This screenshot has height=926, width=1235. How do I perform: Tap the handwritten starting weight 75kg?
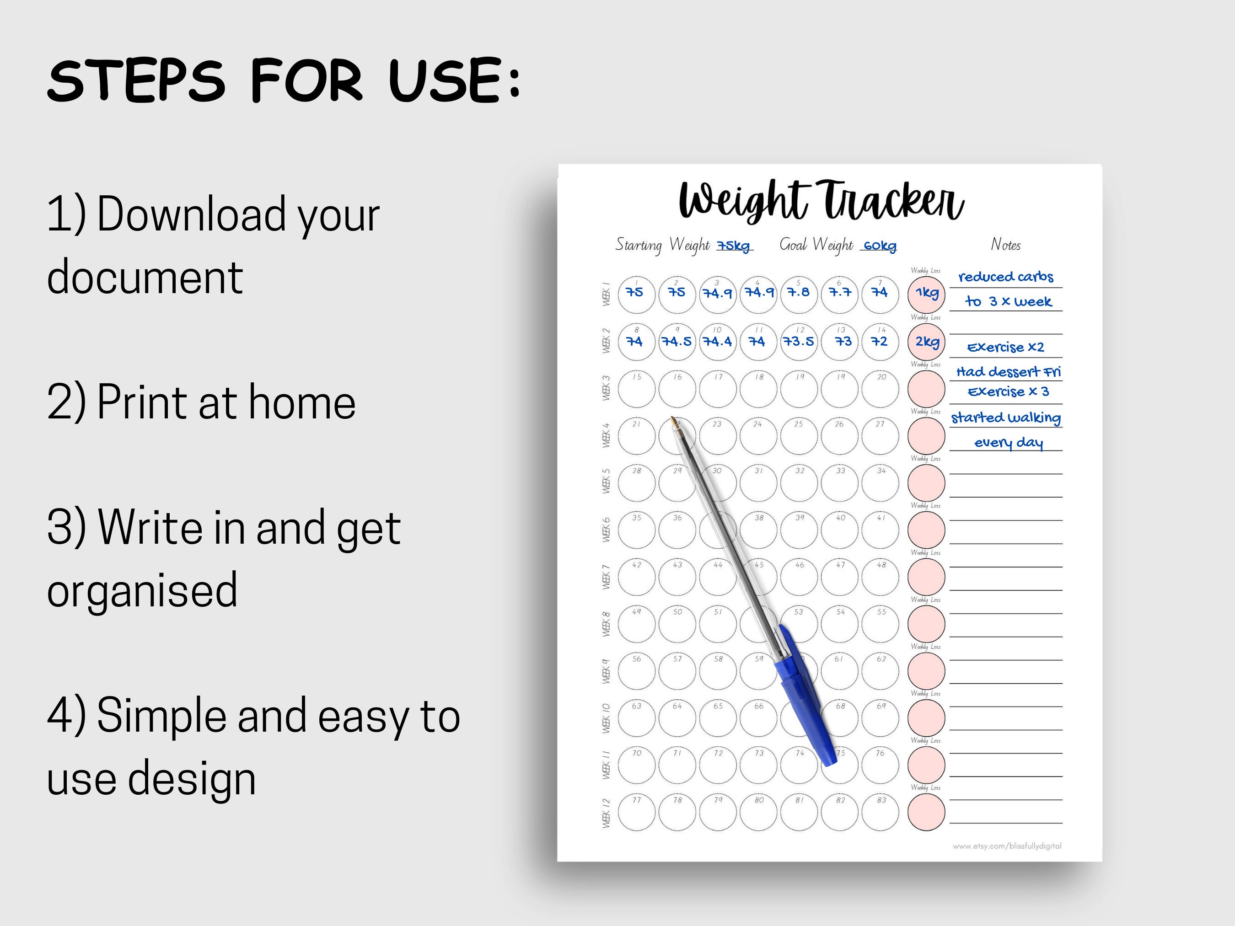734,246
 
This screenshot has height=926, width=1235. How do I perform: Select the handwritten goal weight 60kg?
879,246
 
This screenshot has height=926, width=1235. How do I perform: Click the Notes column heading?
1005,245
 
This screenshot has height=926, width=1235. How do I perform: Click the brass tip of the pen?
674,422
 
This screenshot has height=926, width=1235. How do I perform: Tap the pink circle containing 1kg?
926,294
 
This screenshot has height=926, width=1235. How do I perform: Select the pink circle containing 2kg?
926,342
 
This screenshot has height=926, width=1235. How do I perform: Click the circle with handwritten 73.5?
799,342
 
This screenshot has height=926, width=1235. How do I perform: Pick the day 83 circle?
881,812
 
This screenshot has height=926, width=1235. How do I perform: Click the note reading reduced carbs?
1005,277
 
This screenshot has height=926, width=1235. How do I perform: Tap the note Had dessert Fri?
1008,372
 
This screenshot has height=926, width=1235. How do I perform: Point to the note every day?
1008,443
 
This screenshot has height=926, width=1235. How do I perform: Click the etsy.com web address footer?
1007,846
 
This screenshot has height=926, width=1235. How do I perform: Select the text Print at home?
226,402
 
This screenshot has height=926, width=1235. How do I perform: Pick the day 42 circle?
637,577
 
